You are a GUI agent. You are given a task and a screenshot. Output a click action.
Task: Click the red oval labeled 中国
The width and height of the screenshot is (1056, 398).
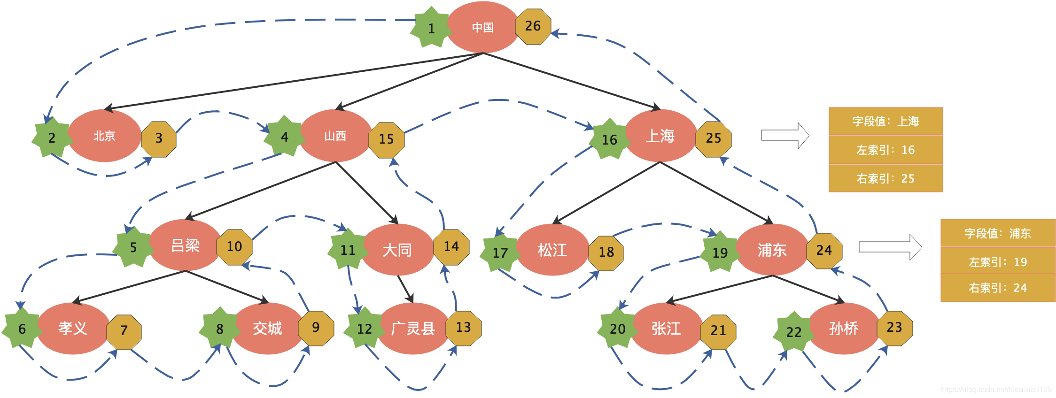(x=483, y=27)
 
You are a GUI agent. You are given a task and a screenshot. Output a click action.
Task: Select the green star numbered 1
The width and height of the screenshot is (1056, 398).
(x=431, y=28)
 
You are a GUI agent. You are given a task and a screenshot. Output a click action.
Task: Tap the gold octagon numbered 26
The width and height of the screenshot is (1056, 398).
(x=533, y=27)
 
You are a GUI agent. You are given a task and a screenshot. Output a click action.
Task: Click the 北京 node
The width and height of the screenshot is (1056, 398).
(x=105, y=136)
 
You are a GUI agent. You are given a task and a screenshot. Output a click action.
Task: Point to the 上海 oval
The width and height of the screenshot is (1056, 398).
(x=660, y=136)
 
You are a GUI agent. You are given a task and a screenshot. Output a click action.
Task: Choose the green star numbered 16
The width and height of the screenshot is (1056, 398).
(x=609, y=139)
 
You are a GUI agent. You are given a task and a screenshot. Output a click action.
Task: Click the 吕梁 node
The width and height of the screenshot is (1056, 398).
(x=185, y=245)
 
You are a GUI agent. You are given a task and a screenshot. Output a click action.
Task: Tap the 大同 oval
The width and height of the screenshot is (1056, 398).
(x=397, y=250)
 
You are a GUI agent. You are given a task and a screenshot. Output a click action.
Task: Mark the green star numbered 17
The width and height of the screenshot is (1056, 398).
(x=500, y=253)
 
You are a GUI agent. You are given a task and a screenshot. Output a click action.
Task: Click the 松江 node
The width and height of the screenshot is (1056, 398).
(x=552, y=250)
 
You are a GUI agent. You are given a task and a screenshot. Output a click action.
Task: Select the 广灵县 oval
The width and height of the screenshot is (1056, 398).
(x=413, y=328)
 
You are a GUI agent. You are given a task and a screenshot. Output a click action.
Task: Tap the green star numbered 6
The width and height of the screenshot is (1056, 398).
(x=22, y=328)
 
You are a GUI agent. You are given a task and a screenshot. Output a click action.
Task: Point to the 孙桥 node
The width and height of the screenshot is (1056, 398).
(x=844, y=328)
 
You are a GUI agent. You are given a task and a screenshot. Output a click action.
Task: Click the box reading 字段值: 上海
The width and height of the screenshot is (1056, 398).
(x=886, y=121)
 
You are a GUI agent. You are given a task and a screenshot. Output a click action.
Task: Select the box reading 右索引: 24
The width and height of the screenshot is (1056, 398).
(x=998, y=288)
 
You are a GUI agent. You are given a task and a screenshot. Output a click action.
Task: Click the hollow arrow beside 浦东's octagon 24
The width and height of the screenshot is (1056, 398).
(x=890, y=247)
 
